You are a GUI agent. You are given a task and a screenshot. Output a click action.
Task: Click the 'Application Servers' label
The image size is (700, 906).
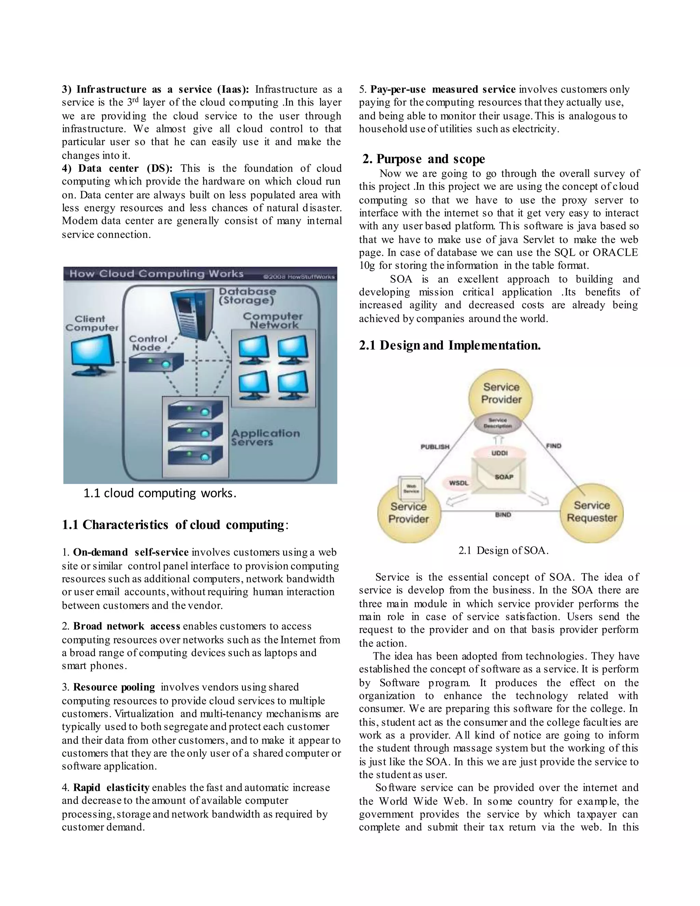pos(265,437)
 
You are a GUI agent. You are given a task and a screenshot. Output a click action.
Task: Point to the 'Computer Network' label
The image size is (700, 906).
pos(273,320)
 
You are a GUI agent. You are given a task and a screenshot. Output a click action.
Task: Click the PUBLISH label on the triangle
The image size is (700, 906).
pos(435,447)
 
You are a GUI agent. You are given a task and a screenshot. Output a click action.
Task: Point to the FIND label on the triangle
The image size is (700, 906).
pos(554,446)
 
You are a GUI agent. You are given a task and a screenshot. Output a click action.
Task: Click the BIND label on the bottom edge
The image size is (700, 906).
pos(503,515)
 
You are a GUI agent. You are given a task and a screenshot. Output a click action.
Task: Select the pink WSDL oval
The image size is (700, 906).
pos(459,483)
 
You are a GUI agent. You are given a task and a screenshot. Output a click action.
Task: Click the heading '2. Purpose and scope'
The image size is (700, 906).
pos(423,159)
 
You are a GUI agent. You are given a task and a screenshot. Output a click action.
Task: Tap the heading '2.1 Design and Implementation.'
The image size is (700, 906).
pos(450,345)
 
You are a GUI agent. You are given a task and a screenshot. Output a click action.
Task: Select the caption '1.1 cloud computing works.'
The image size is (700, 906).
pos(160,493)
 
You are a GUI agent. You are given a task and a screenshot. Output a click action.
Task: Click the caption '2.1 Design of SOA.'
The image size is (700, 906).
pos(503,550)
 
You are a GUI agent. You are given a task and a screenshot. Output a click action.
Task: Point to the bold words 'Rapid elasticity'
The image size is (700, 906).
pos(111,787)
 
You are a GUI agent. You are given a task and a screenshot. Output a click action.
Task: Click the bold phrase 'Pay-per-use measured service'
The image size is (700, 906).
pos(443,90)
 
